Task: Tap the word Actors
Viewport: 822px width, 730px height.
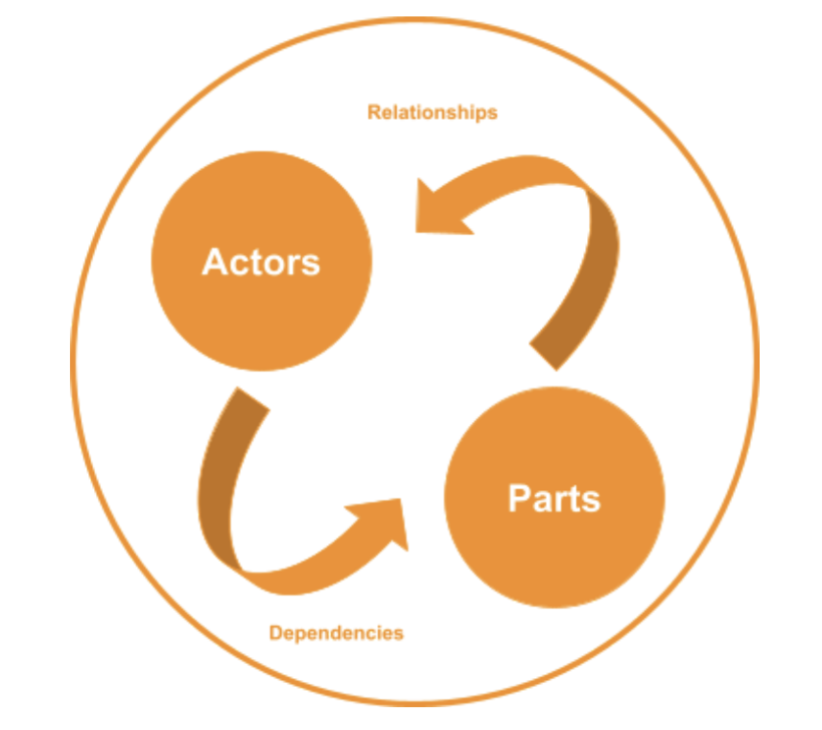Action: coord(261,261)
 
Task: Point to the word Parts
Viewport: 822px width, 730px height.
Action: coord(554,499)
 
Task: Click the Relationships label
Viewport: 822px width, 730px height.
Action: coord(433,112)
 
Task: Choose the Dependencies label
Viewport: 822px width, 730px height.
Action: coord(336,633)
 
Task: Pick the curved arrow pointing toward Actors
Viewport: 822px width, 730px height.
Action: coord(537,221)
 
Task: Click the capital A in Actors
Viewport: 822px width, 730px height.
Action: coord(213,261)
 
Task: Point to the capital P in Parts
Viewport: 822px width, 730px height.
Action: coord(519,499)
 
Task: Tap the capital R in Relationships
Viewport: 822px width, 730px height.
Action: coord(373,112)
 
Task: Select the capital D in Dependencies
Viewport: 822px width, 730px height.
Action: coord(274,633)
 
